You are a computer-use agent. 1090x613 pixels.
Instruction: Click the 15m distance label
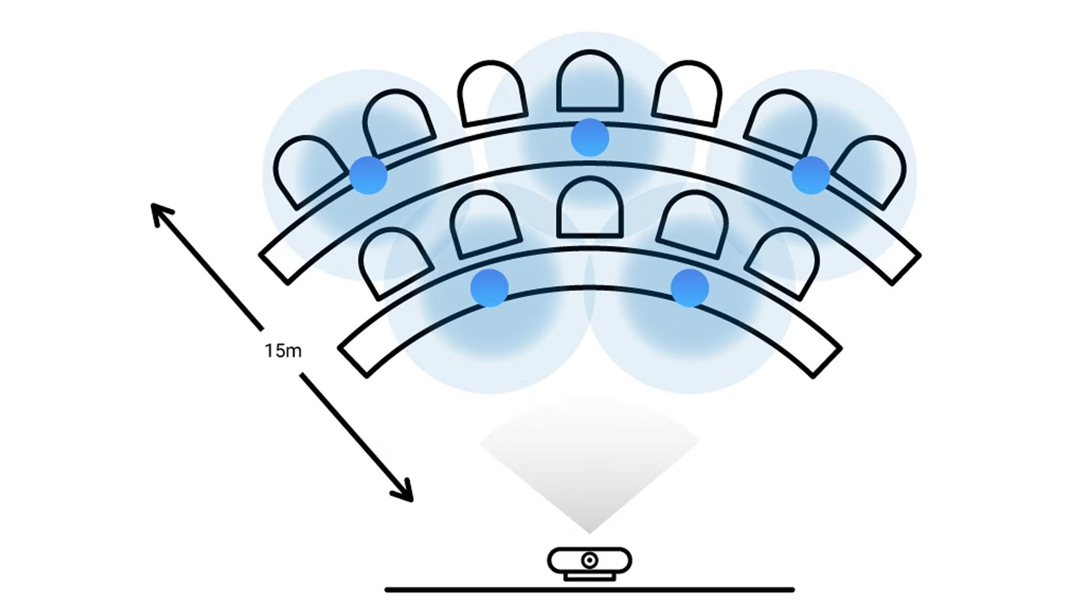[283, 351]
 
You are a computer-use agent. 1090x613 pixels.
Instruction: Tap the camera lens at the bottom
[590, 561]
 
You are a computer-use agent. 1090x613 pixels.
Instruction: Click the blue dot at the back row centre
[590, 137]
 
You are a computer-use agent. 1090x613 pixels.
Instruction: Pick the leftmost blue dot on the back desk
[368, 175]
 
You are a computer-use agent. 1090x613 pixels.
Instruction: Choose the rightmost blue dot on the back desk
[811, 175]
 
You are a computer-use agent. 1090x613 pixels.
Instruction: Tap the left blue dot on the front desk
[489, 288]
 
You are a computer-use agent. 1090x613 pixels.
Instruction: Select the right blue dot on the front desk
[690, 288]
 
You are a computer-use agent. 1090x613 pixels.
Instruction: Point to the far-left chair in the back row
[309, 170]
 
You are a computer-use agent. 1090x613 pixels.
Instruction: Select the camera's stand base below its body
[590, 577]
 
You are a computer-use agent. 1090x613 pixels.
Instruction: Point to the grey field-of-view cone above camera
[589, 465]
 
